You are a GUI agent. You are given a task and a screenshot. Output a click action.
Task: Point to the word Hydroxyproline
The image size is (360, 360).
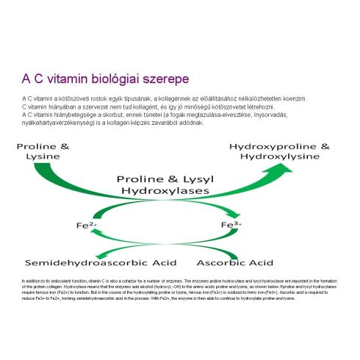coord(269,146)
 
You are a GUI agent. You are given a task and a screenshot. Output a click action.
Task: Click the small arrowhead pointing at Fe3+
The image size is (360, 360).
coord(224,224)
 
